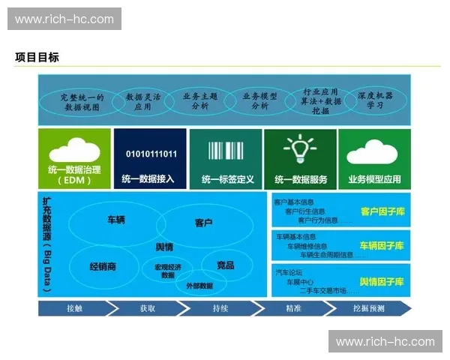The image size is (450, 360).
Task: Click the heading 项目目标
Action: pos(36,57)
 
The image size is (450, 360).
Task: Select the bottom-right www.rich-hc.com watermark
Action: pos(385,341)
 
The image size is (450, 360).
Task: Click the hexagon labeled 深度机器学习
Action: pos(375,100)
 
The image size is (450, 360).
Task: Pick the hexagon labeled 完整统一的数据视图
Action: pos(82,101)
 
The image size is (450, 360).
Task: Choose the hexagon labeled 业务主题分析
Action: pos(200,100)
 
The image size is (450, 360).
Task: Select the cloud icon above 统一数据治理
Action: pos(74,150)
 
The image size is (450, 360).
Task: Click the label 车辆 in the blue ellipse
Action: pos(116,220)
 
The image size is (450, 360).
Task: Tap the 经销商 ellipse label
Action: pos(103,265)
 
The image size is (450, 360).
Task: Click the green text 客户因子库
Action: pos(382,212)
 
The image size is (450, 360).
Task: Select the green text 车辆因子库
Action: pos(382,246)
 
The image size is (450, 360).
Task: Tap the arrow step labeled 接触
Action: pos(74,308)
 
